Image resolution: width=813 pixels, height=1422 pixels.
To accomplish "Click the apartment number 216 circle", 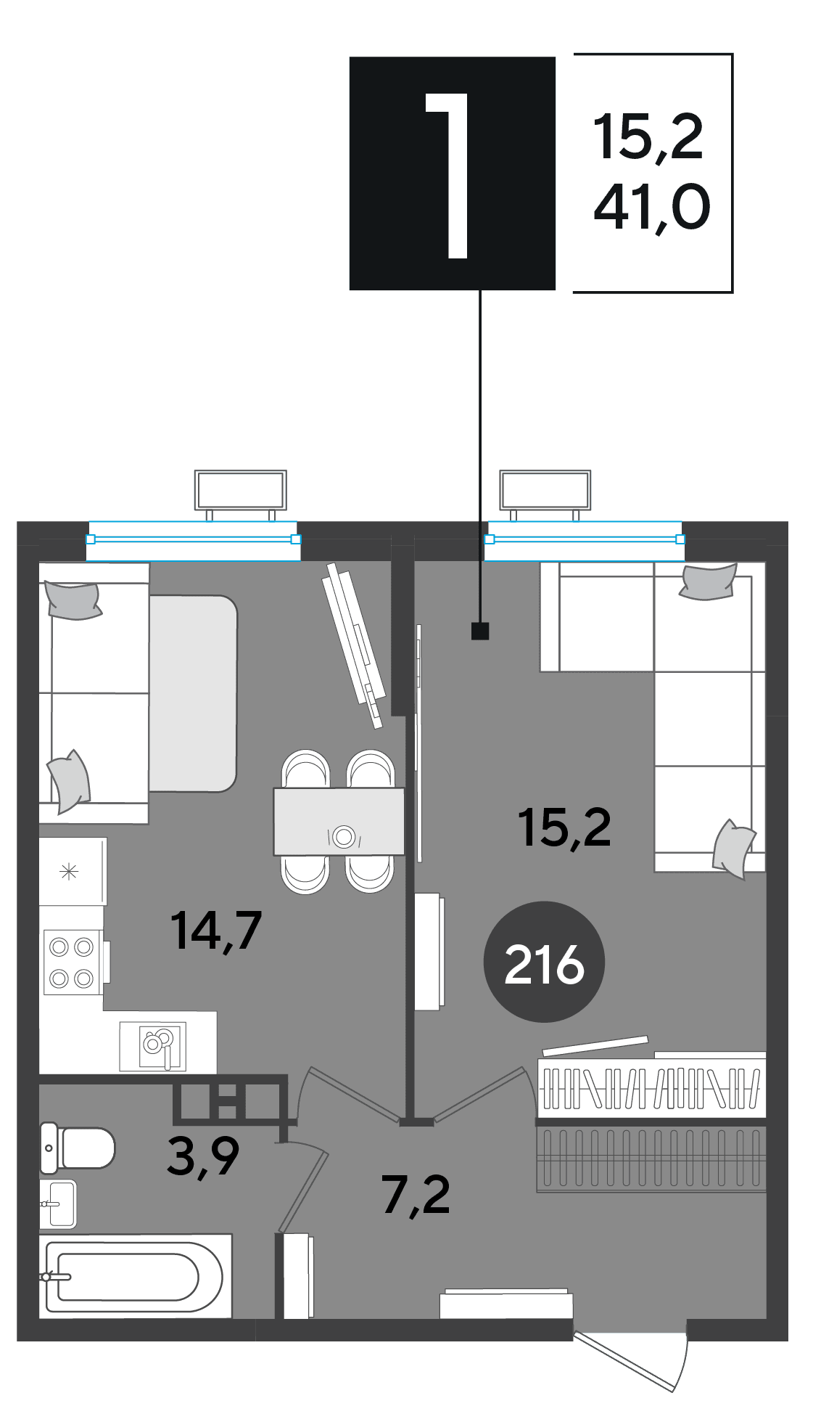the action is [x=544, y=962].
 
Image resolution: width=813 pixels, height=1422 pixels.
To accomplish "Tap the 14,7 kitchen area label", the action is [x=216, y=931].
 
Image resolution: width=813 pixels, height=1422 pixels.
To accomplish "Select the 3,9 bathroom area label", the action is [x=203, y=1156].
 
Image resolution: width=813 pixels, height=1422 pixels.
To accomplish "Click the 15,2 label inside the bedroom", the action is [x=564, y=828].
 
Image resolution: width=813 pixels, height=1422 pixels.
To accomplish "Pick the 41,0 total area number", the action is [x=652, y=208].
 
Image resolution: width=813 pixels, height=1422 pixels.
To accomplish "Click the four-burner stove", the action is [x=71, y=962].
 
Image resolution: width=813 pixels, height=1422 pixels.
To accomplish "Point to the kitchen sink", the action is [x=153, y=1046].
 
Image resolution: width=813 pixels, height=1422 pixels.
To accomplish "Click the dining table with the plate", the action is [x=339, y=822].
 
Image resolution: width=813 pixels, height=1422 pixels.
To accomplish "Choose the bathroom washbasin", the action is [x=58, y=1204].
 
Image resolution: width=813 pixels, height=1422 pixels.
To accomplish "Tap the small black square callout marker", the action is [x=480, y=631].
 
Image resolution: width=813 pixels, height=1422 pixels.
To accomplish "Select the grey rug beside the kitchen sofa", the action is [x=193, y=693].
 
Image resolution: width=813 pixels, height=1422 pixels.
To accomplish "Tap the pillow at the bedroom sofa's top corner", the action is [x=709, y=581].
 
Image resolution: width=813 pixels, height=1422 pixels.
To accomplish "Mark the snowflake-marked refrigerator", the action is [x=73, y=872].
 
